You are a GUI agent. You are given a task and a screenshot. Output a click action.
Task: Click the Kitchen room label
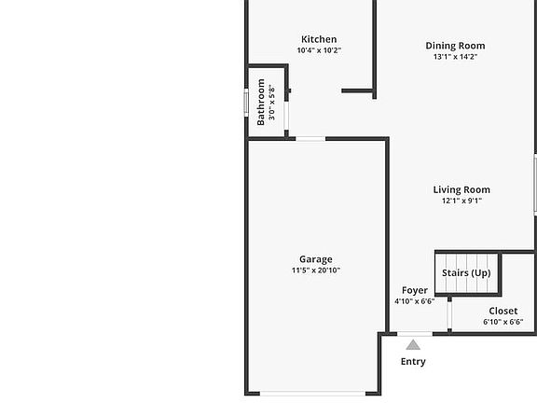(319, 39)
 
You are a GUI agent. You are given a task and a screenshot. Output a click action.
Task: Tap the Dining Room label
(455, 46)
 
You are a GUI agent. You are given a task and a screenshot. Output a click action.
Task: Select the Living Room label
(461, 189)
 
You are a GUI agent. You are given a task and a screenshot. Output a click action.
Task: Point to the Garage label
(316, 259)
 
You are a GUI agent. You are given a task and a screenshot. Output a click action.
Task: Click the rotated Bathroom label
(261, 102)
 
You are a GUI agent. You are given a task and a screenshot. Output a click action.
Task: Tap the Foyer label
(415, 290)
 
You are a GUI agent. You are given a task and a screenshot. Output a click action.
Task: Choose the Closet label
(503, 311)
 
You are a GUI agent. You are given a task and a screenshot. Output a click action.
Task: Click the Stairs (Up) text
(466, 272)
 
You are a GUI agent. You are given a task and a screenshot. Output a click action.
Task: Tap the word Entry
(413, 362)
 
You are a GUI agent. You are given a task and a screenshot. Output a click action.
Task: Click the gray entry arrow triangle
(413, 345)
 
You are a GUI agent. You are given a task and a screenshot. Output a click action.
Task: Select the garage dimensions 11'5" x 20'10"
(316, 270)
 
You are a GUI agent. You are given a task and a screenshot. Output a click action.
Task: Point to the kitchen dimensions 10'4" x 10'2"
(319, 50)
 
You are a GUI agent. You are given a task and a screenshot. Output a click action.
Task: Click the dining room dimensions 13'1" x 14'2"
(455, 57)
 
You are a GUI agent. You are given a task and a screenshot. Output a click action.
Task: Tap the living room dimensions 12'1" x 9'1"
(461, 201)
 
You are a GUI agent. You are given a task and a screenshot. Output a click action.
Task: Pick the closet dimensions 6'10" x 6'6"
(503, 322)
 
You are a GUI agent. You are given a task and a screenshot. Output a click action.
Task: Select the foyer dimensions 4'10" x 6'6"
(415, 301)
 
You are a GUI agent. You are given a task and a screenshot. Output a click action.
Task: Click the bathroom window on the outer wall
(246, 102)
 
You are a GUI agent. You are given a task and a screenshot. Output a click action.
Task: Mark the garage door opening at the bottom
(312, 394)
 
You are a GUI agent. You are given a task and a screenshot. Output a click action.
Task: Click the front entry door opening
(415, 334)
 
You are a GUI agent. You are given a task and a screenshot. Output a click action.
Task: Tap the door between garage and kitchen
(310, 139)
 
